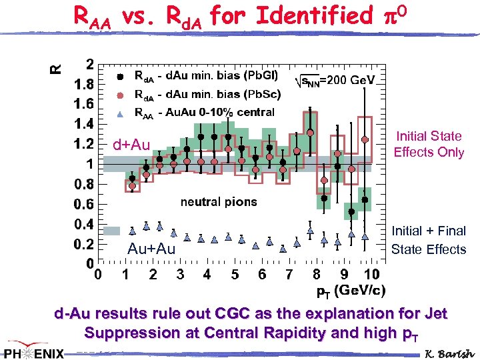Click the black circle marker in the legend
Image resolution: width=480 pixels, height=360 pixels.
point(120,76)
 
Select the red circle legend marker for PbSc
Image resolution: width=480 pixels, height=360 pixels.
point(120,95)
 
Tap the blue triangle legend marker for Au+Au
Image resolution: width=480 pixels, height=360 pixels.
point(120,113)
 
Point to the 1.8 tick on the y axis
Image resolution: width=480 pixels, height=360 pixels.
point(83,84)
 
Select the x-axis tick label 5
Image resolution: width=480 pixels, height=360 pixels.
point(235,275)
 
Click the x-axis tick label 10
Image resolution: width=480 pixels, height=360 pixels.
point(371,275)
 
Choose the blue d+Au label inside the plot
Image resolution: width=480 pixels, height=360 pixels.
point(131,145)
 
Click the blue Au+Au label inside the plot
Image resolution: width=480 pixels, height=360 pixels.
point(151,249)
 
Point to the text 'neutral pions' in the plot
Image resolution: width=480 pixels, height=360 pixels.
point(218,201)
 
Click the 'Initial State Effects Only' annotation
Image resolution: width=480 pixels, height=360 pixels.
point(428,144)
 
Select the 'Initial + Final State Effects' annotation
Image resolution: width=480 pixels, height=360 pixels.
point(428,240)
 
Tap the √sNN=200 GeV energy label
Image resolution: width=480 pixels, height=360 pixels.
point(335,80)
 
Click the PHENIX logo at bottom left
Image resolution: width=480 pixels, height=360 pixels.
point(33,352)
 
